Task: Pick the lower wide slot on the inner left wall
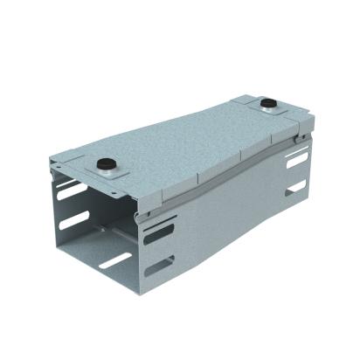(x=73, y=219)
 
